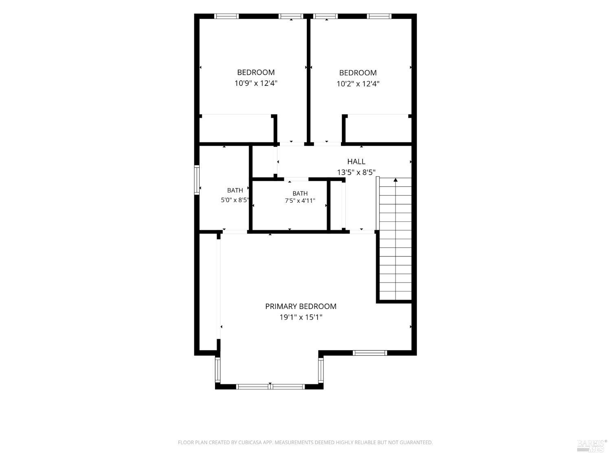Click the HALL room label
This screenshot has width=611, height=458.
pos(356,162)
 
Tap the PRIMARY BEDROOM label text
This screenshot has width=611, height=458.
pos(301,307)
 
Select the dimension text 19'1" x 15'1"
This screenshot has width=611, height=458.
pos(301,317)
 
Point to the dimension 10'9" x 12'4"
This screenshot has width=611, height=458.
pos(256,83)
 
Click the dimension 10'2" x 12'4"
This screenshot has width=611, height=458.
pos(358,84)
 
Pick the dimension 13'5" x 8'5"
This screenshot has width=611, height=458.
pos(356,172)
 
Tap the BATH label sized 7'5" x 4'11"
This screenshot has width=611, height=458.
pos(300,193)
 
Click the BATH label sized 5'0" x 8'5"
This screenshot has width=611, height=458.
pos(235,191)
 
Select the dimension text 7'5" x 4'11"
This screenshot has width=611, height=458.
pos(300,200)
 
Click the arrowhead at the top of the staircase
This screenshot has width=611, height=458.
pos(396,180)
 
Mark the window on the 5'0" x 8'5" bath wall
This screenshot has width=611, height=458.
pos(197,180)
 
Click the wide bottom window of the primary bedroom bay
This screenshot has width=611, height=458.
pos(270,386)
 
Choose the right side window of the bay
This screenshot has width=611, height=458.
pos(321,370)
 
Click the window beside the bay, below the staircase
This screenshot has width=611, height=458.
pos(370,353)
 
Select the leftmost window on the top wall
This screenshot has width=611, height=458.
pos(226,16)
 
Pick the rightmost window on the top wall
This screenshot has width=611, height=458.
pos(379,16)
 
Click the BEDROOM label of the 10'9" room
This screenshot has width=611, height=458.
pos(256,72)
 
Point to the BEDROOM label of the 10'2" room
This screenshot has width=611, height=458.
pos(358,73)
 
